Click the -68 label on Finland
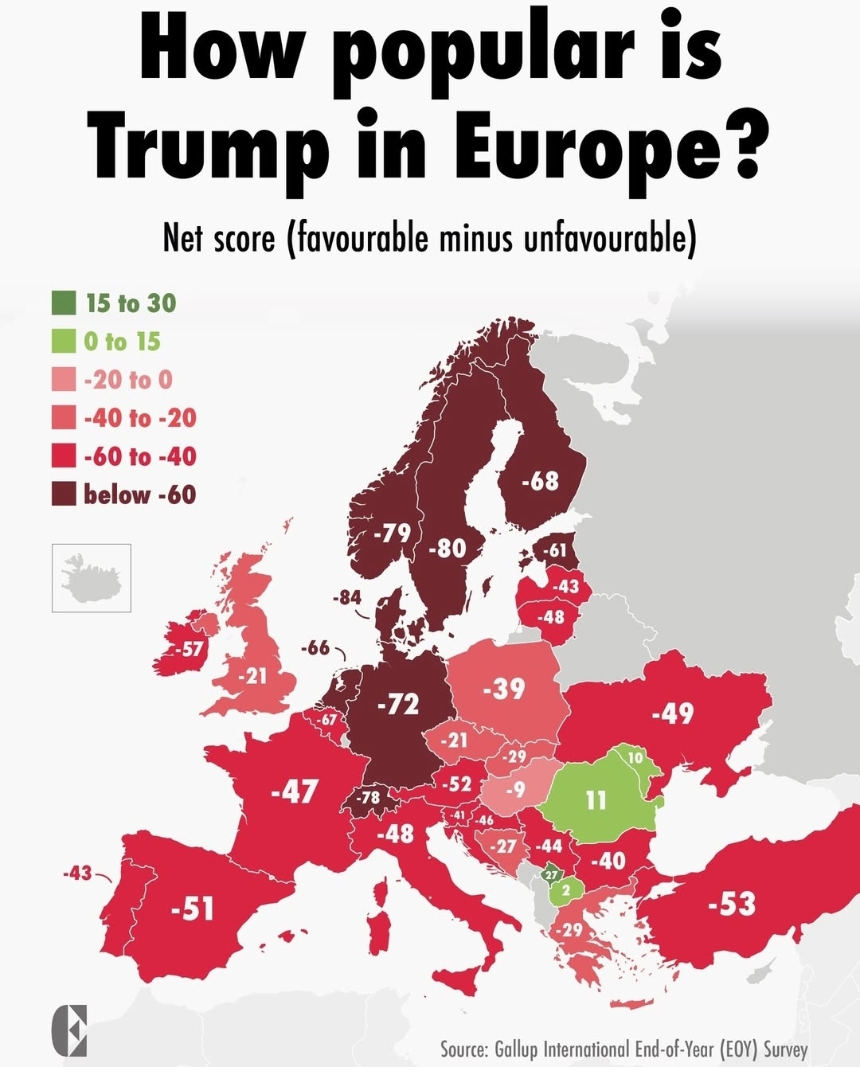pos(541,481)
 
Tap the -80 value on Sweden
pos(448,548)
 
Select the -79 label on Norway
pos(392,532)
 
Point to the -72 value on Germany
pos(398,704)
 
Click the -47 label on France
pos(295,791)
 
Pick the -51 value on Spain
pos(193,908)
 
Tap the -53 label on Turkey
pos(732,904)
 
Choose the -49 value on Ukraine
pos(673,713)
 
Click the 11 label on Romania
pos(596,799)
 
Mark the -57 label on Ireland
pos(189,649)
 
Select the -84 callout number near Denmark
pos(347,597)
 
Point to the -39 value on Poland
pos(504,688)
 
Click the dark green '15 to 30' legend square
pos(64,303)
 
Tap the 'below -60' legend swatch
pos(64,494)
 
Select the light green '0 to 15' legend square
pos(64,341)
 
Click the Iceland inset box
pos(92,578)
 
